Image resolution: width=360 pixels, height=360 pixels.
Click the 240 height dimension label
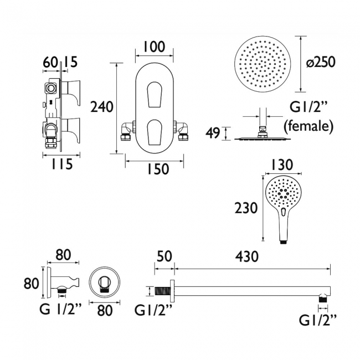coord(102,107)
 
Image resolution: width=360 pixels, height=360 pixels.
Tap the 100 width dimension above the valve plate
coord(154,47)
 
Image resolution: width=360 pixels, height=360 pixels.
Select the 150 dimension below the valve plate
coord(158,169)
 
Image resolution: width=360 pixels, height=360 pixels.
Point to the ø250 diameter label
coord(321,62)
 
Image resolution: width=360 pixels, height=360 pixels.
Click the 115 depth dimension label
coord(61,164)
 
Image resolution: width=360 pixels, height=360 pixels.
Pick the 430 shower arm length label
coord(247,256)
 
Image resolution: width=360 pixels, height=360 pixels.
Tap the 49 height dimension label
coord(213,133)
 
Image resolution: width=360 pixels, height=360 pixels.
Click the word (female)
coord(308,126)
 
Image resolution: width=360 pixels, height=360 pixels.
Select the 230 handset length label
coord(246,208)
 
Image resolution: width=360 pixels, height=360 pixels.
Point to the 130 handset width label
coord(282,164)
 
